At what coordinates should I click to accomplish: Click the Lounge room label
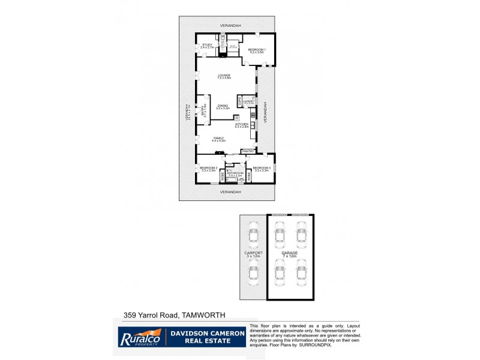[224, 76]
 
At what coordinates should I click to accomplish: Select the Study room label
[208, 45]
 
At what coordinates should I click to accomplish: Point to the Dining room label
[224, 106]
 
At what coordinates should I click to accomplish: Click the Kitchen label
[242, 125]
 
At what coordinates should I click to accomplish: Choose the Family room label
[218, 139]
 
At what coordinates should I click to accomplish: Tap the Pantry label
[248, 151]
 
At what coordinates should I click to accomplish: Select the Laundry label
[248, 102]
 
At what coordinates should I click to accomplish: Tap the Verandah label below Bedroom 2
[230, 192]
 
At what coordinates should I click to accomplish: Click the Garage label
[290, 254]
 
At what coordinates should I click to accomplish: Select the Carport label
[254, 254]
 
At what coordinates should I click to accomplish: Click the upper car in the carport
[254, 234]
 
